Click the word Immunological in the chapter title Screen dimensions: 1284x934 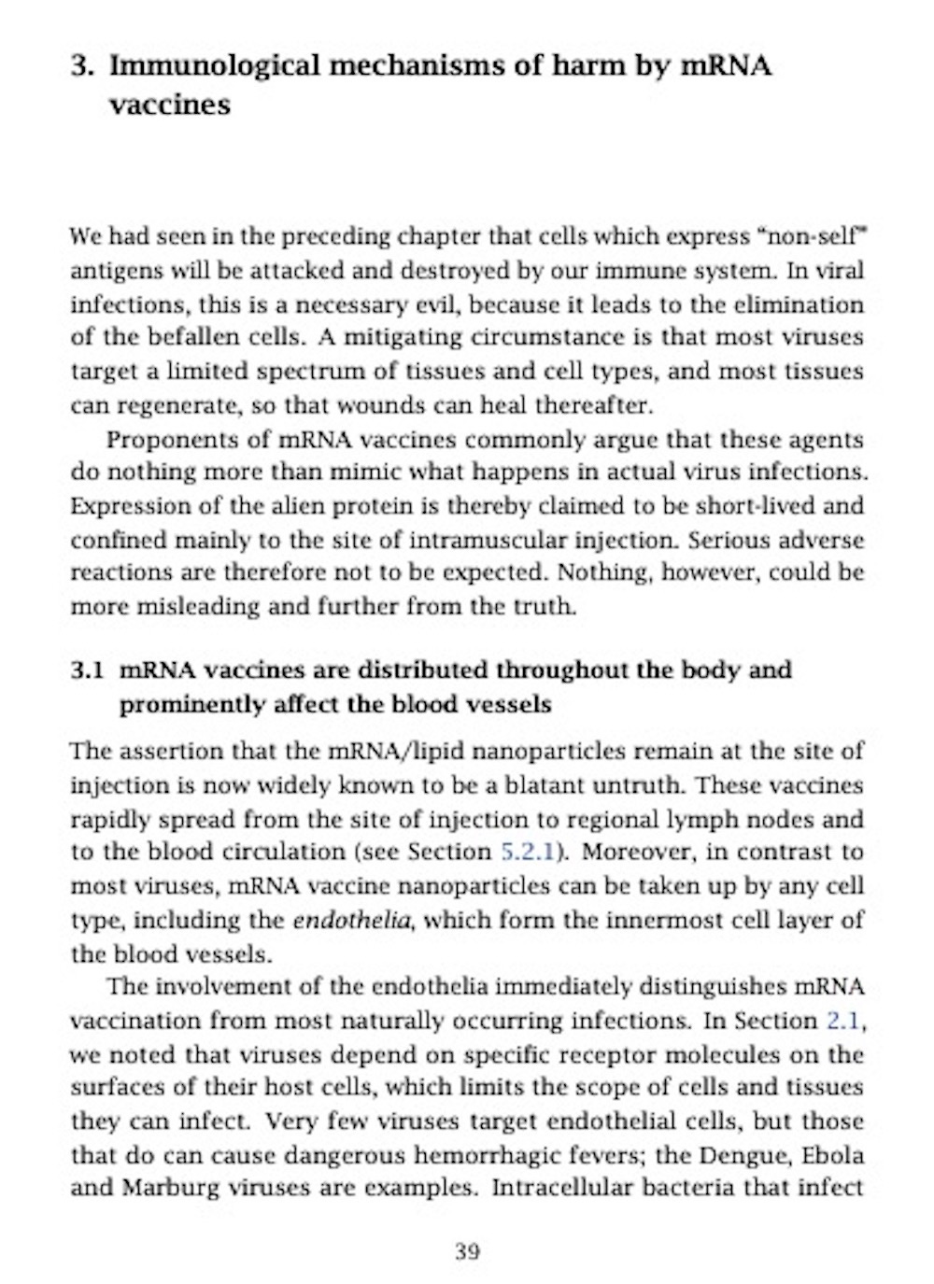(216, 66)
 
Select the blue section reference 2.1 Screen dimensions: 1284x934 (844, 1020)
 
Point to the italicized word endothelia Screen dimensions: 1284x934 (353, 920)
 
